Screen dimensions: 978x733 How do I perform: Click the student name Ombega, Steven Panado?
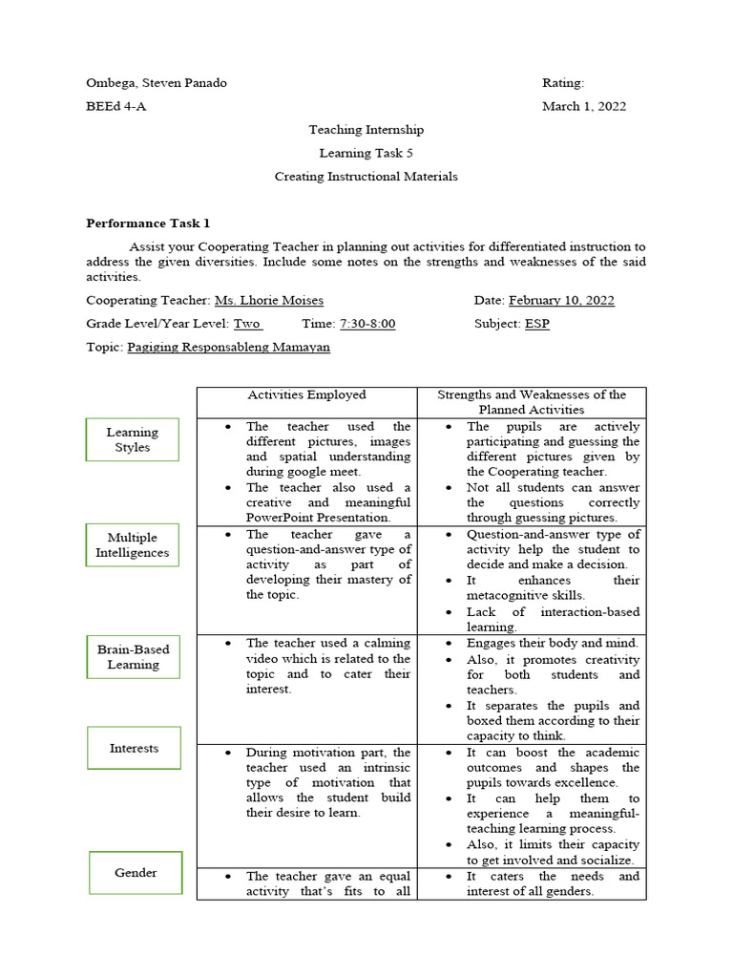click(157, 83)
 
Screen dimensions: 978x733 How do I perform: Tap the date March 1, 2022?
click(584, 106)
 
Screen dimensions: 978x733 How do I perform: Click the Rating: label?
click(563, 83)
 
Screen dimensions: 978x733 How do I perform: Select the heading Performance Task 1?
click(148, 223)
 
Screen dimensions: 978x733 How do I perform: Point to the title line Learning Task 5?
click(366, 153)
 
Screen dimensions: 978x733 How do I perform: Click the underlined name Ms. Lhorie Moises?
click(268, 300)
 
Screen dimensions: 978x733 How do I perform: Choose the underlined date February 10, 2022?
click(561, 300)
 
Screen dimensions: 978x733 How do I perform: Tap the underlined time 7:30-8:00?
click(367, 324)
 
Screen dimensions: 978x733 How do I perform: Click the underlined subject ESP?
click(536, 324)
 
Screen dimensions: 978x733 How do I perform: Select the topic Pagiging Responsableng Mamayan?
click(228, 348)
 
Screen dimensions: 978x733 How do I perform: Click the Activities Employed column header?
click(306, 394)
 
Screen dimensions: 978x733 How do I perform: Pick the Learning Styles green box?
click(133, 439)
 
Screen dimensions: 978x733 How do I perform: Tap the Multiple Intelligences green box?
click(132, 545)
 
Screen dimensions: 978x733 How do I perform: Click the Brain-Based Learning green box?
click(133, 657)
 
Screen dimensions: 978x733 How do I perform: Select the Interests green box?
click(134, 748)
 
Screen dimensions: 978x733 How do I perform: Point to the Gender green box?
click(136, 872)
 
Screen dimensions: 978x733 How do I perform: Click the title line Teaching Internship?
click(366, 130)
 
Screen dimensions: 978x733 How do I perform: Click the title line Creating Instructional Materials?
click(366, 177)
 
